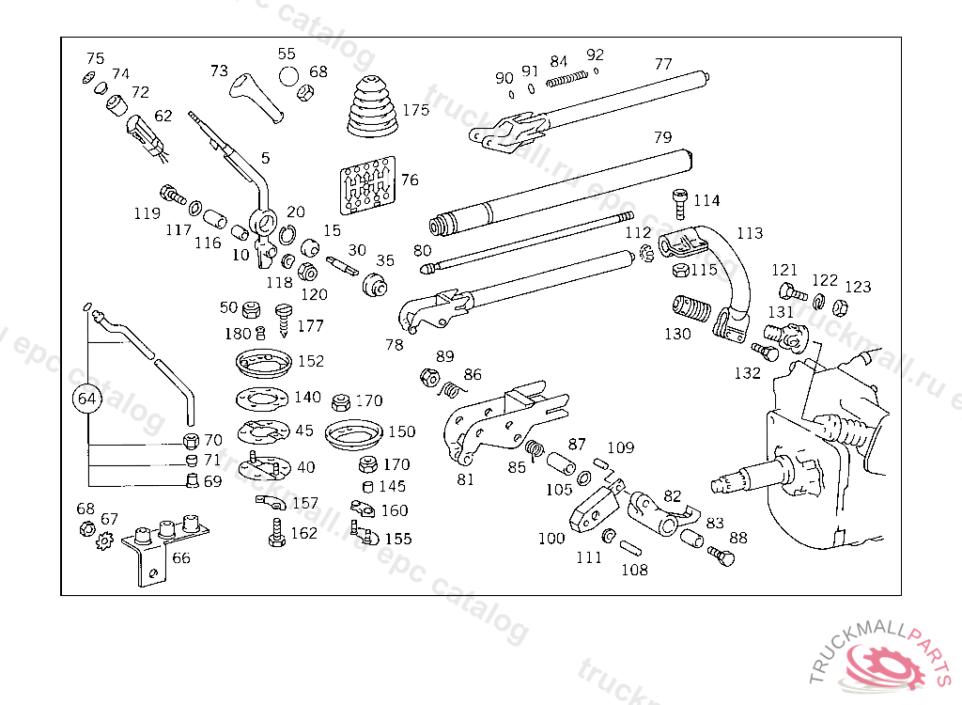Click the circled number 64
pyautogui.click(x=87, y=399)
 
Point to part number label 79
pyautogui.click(x=663, y=138)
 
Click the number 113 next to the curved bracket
pyautogui.click(x=750, y=233)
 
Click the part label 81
pyautogui.click(x=466, y=479)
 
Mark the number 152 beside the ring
pyautogui.click(x=310, y=360)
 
